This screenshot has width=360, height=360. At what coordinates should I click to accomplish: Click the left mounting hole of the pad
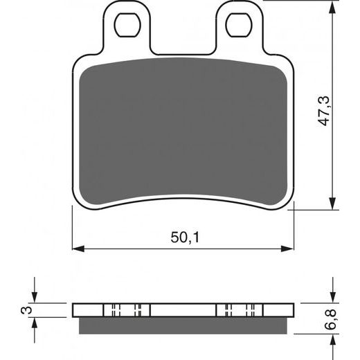(x=127, y=26)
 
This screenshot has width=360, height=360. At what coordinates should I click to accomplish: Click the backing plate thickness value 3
(x=26, y=309)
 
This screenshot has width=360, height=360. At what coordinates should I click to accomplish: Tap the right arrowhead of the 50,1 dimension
(x=289, y=247)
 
